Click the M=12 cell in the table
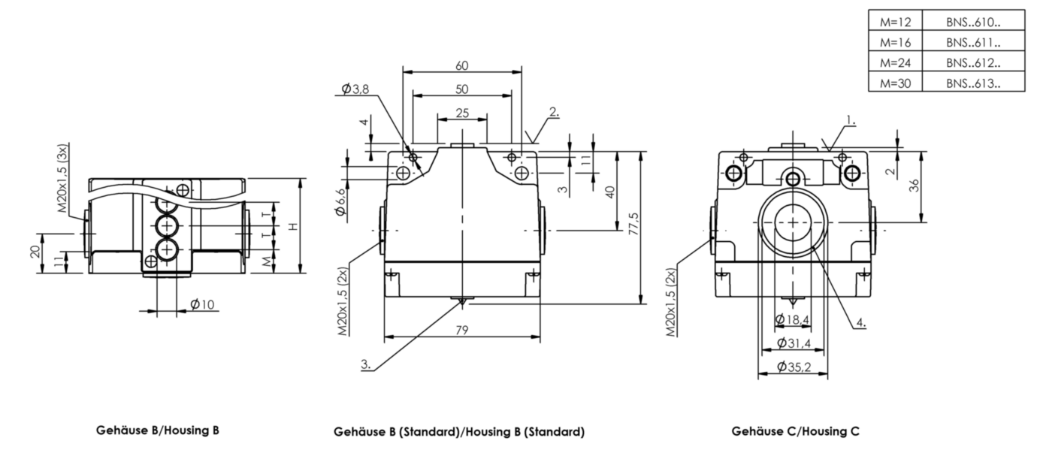895,21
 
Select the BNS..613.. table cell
973,83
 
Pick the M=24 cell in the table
895,62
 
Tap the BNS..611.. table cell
973,42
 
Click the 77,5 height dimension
633,224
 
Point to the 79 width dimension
462,330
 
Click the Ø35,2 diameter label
794,367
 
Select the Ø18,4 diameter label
792,319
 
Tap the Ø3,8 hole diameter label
355,89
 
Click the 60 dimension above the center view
462,66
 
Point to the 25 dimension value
462,113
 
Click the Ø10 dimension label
202,304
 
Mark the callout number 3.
366,364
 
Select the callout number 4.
861,322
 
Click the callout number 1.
851,120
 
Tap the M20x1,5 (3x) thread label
62,178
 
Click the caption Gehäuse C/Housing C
795,431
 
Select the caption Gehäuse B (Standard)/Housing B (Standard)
459,431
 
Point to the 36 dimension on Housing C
914,186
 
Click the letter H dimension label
292,226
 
